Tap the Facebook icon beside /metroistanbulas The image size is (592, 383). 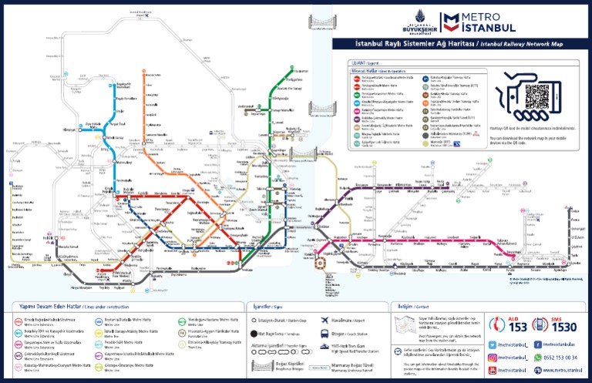coord(536,344)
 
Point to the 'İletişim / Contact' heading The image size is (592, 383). coord(408,306)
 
